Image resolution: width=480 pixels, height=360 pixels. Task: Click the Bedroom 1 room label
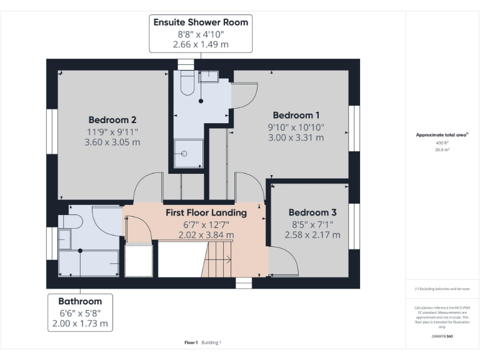(x=296, y=115)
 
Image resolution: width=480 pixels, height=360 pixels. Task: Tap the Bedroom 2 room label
(x=112, y=119)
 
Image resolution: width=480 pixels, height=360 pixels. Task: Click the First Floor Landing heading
(x=206, y=212)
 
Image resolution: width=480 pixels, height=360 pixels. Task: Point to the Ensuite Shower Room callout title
(x=201, y=22)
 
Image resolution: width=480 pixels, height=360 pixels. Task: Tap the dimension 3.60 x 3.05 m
(x=112, y=142)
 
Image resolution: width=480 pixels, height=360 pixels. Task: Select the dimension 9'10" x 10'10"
(x=296, y=127)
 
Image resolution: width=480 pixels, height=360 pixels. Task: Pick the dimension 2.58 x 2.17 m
(x=312, y=235)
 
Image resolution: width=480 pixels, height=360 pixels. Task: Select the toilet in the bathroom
(x=69, y=222)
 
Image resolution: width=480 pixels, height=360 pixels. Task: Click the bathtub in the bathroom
(x=89, y=262)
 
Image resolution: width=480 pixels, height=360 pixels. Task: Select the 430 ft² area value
(x=442, y=143)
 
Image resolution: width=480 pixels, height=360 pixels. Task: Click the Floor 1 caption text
(x=191, y=342)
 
